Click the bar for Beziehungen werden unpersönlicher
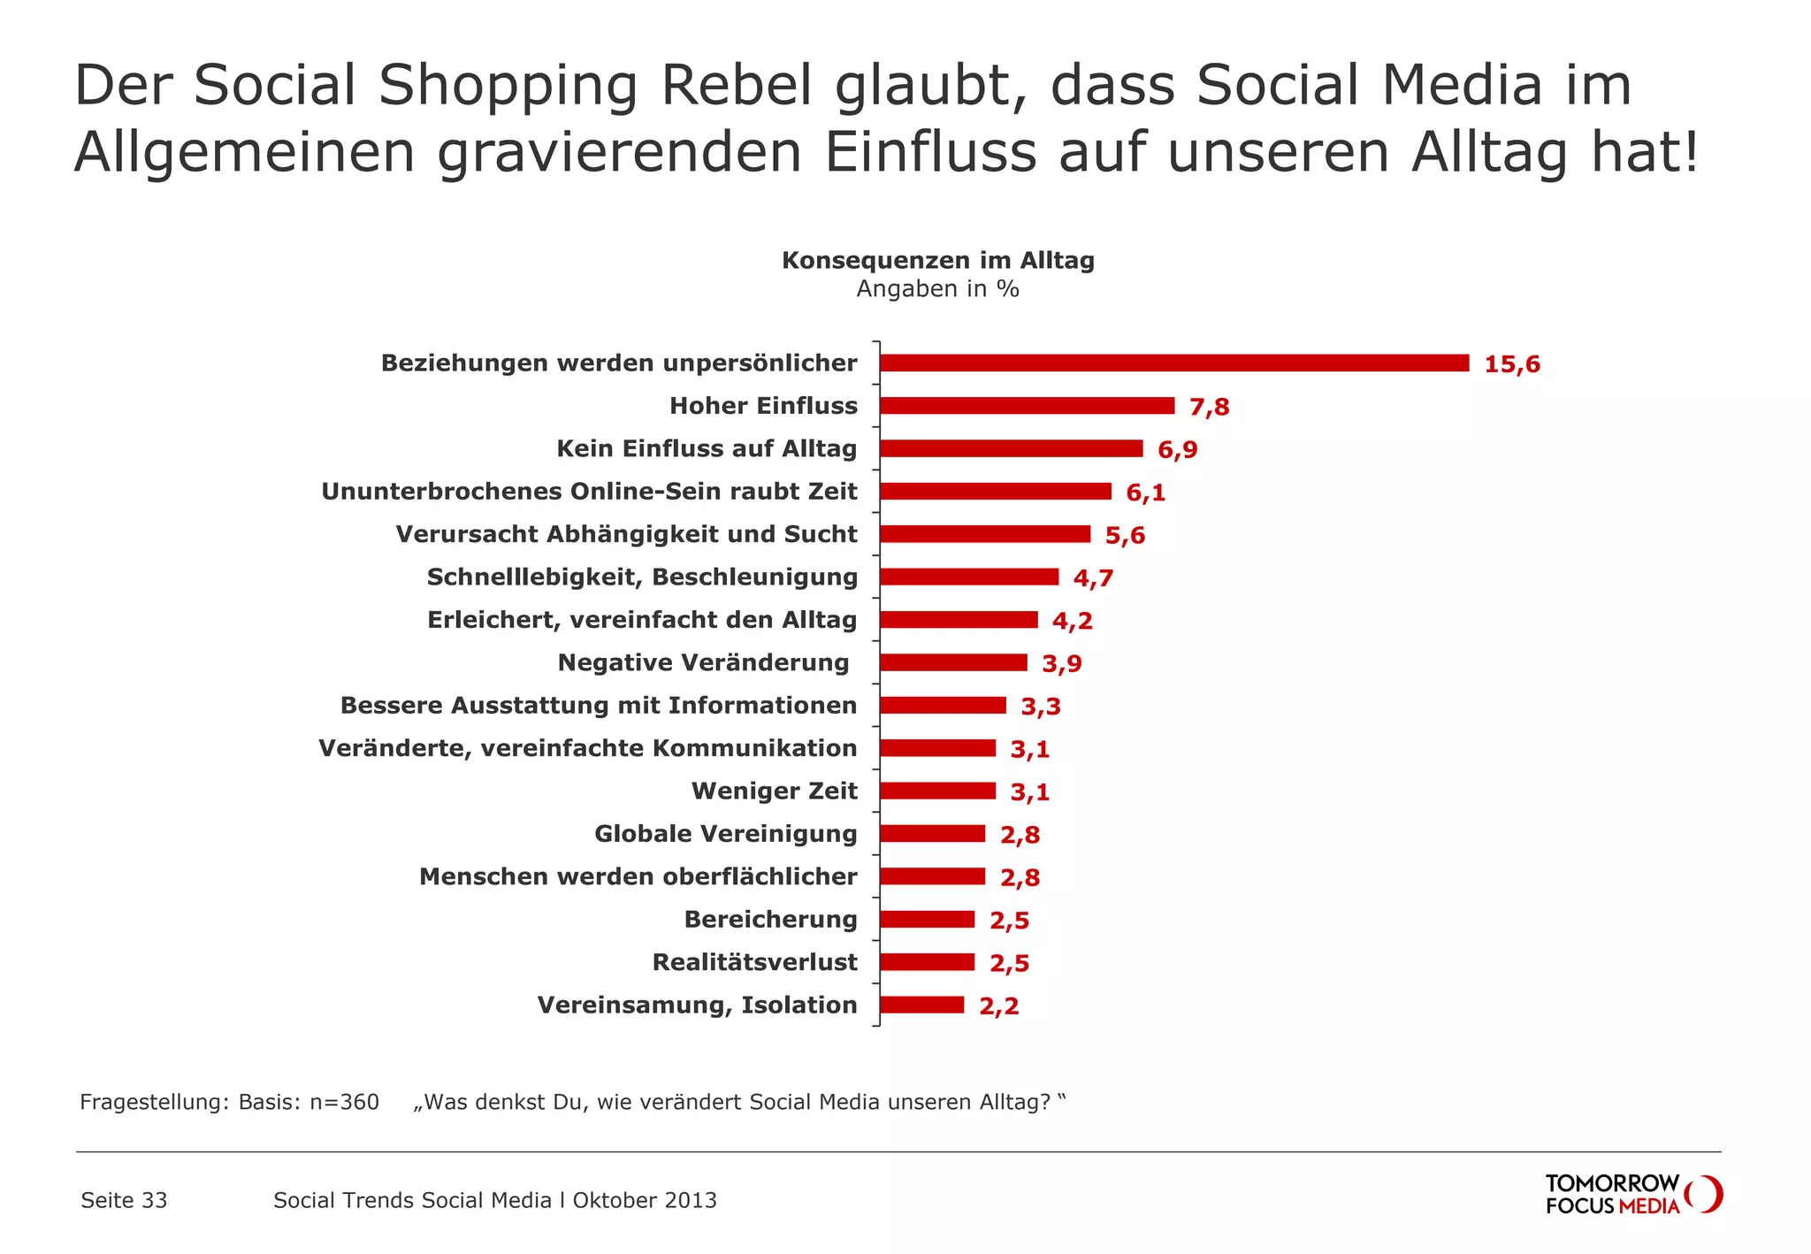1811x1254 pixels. (1174, 363)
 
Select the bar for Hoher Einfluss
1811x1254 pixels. (1027, 406)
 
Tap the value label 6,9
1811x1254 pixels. (1178, 450)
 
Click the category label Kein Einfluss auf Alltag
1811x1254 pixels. (707, 449)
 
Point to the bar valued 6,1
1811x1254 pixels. (995, 492)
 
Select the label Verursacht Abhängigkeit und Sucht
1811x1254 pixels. (626, 534)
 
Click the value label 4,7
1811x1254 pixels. (1093, 578)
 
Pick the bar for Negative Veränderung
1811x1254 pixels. (953, 662)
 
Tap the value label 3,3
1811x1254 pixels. (1041, 707)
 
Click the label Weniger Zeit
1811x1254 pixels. (774, 791)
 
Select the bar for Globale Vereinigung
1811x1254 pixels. (932, 834)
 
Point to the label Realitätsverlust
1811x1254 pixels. (754, 962)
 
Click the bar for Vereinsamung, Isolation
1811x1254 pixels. (921, 1005)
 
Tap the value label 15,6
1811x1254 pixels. (1512, 364)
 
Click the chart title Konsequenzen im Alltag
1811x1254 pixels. (937, 261)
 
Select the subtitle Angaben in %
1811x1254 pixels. (937, 289)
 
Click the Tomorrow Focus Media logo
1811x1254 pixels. (1632, 1194)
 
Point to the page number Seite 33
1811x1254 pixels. (124, 1200)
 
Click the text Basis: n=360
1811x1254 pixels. (309, 1102)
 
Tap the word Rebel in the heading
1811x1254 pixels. (736, 86)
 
